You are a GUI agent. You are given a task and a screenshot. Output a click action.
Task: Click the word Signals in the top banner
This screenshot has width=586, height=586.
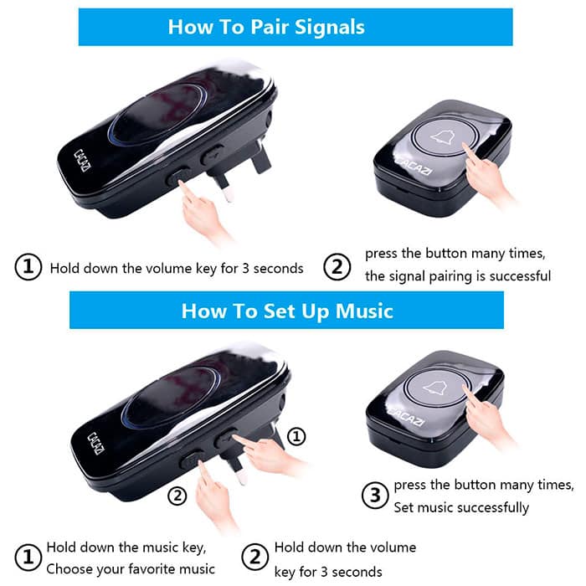[x=330, y=28]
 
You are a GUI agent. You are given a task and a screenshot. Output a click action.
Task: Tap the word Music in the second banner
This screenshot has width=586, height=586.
[x=364, y=311]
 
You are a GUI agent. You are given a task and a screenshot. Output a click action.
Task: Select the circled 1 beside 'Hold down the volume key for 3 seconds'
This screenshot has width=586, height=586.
[x=28, y=267]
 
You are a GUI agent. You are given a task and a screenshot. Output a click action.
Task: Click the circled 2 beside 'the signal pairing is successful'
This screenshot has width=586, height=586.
[x=337, y=267]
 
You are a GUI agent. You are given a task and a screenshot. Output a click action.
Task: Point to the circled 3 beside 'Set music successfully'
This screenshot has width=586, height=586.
[x=375, y=496]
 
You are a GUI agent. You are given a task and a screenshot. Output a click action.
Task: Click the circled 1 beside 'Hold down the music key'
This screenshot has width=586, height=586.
[x=28, y=558]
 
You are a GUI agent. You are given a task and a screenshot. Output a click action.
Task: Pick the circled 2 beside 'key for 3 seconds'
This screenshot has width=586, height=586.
[x=254, y=558]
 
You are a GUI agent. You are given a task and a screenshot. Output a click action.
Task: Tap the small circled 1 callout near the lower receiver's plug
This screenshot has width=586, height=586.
[x=296, y=436]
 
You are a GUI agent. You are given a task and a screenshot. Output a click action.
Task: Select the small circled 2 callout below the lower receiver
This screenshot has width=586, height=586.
[x=177, y=496]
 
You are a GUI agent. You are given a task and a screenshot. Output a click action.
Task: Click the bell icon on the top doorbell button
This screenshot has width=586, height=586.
[x=445, y=136]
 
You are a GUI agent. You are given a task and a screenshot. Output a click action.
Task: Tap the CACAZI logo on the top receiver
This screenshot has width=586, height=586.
[x=82, y=161]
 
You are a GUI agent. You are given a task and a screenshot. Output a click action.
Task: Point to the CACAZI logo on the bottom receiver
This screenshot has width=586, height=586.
[x=95, y=443]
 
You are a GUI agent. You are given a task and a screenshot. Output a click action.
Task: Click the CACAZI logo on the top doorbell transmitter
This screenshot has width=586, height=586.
[x=414, y=167]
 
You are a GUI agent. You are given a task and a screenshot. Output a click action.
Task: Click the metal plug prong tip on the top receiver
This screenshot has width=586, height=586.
[x=229, y=194]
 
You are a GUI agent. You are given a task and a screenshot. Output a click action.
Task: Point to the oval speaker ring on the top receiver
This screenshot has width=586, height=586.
[x=157, y=114]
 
